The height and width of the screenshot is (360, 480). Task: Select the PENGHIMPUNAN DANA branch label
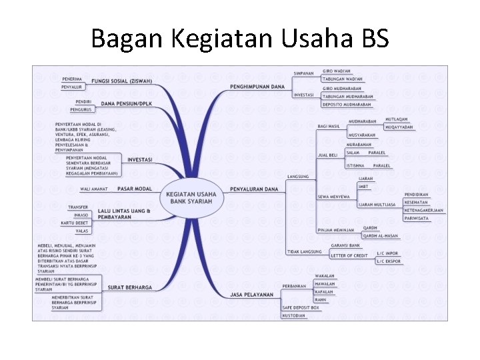[x=257, y=87]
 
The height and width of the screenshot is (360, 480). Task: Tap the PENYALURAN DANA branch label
[x=253, y=189]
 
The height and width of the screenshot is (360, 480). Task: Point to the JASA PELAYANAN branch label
[x=252, y=294]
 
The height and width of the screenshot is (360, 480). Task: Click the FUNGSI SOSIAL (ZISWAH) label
[x=121, y=81]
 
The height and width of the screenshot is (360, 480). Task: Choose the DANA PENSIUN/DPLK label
[x=127, y=104]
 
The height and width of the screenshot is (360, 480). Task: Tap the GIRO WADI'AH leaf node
[x=338, y=70]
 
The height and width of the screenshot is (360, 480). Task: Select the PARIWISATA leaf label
[x=417, y=218]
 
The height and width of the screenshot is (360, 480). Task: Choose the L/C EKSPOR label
[x=389, y=261]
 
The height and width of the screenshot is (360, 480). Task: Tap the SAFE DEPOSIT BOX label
[x=301, y=307]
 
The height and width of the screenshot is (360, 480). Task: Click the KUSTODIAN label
[x=294, y=315]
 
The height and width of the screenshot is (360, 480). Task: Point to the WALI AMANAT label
[x=93, y=189]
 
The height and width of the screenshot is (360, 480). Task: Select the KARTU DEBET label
[x=75, y=223]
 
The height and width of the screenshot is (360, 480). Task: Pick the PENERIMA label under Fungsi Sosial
[x=71, y=79]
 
